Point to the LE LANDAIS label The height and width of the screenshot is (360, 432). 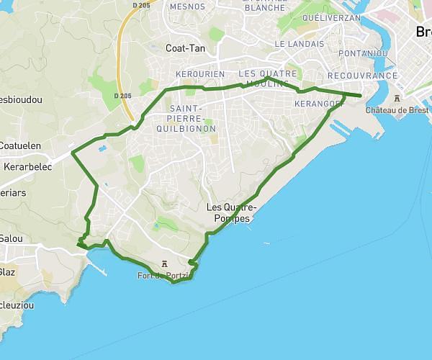coord(300,44)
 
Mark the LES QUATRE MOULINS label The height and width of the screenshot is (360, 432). coord(267,78)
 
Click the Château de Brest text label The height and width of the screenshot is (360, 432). coord(397,110)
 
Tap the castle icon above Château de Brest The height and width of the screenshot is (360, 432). coord(397,99)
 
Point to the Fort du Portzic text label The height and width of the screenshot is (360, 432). coord(165,276)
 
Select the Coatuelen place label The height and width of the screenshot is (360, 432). coord(20,145)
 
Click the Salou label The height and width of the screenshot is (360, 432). coord(12,238)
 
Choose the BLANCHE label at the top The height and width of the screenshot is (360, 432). coord(265,7)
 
